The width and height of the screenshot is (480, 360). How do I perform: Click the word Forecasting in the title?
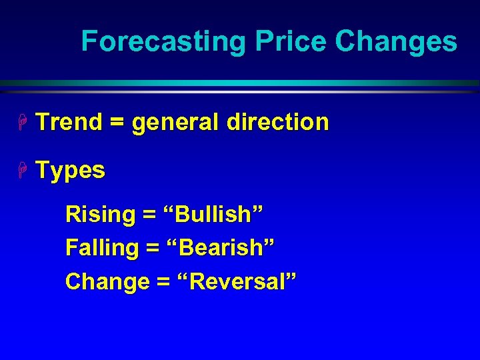[164, 41]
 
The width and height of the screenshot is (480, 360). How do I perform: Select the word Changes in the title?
[396, 41]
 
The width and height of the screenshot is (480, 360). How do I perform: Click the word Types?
[71, 171]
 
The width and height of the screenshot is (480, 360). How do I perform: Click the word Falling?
[102, 248]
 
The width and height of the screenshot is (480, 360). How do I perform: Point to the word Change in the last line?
[107, 281]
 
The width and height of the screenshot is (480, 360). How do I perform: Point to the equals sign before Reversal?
[163, 282]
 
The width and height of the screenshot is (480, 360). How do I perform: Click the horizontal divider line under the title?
[240, 85]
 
